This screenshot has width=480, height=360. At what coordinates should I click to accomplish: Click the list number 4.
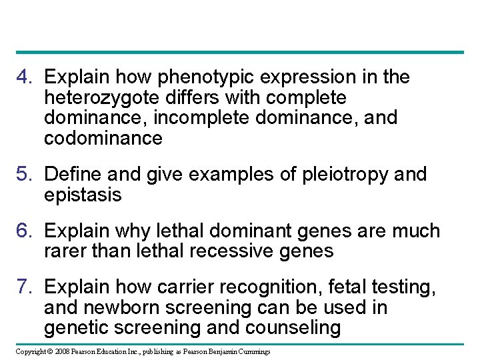[24, 77]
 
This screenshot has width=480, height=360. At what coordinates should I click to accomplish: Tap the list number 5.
[24, 175]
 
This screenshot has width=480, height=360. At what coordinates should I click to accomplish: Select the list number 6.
[24, 231]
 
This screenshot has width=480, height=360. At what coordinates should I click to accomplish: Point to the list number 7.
[24, 287]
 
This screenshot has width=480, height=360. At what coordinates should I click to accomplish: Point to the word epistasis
[83, 195]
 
